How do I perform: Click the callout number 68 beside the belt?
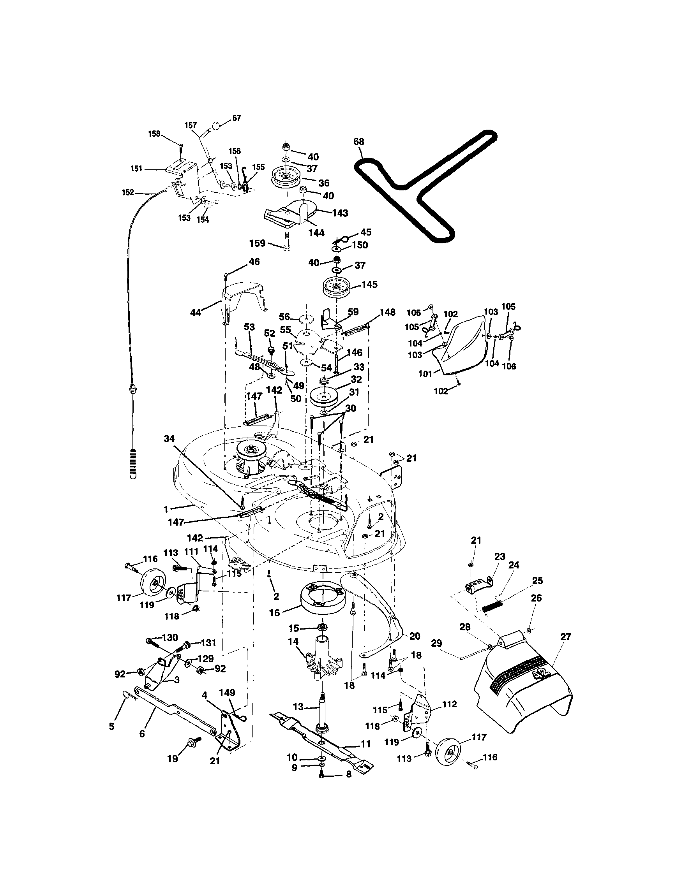coord(359,141)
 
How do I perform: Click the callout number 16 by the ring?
coord(275,613)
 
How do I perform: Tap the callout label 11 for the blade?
coord(365,744)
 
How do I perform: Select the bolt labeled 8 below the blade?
coord(322,774)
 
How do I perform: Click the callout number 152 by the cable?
coord(128,192)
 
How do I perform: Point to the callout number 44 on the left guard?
coord(196,312)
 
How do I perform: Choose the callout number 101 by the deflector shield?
coord(425,374)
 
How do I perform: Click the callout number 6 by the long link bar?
coord(142,734)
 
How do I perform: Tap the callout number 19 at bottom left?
coord(172,759)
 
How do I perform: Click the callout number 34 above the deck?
coord(169,438)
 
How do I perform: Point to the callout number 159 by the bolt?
coord(258,243)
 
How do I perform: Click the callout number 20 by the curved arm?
coord(415,636)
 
